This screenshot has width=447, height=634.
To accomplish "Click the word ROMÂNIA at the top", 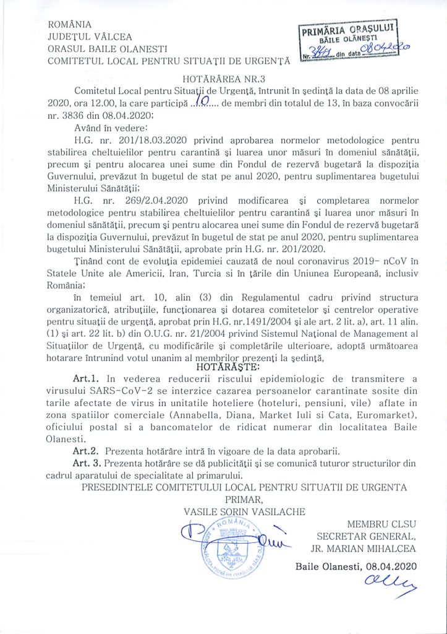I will (x=70, y=25).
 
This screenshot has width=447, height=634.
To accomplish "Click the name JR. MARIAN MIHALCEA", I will (x=364, y=547).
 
